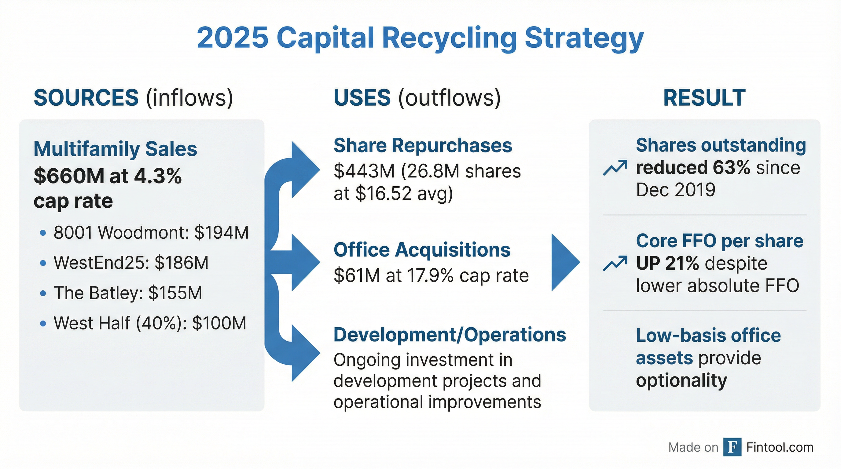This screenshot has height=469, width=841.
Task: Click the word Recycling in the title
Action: tap(449, 38)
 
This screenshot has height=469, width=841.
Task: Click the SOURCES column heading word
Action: tap(86, 98)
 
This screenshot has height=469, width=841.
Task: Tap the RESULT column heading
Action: tap(704, 98)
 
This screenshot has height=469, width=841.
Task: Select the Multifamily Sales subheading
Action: tap(115, 149)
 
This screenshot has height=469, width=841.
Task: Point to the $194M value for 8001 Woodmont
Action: tap(221, 233)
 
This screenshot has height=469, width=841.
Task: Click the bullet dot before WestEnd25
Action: tap(43, 263)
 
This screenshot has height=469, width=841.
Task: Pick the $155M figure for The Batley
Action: tap(175, 293)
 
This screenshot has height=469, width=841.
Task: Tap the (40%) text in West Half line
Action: tap(161, 323)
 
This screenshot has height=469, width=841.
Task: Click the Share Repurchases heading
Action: tap(422, 145)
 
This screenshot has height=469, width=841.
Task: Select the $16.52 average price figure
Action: tap(383, 193)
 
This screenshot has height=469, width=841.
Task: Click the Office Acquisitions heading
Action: tap(422, 250)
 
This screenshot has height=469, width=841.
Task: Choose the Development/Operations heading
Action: tap(450, 335)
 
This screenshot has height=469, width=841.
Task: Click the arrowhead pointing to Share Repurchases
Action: tap(304, 169)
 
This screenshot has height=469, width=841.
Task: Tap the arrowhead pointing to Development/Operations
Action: tap(304, 354)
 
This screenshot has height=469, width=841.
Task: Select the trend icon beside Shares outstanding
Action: tap(615, 168)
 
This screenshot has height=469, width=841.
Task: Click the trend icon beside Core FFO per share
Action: tap(615, 263)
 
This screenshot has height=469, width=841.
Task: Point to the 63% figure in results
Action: tap(731, 168)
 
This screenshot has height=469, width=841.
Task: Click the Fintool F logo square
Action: tap(732, 447)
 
